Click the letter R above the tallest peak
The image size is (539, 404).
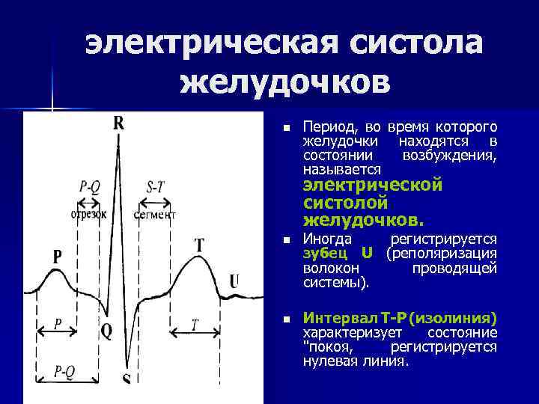point(118,124)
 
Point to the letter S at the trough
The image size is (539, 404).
point(127,378)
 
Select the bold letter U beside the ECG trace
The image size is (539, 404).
point(234,281)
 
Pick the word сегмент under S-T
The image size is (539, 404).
point(154,215)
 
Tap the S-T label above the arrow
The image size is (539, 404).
point(156,187)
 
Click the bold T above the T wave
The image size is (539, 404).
point(199,245)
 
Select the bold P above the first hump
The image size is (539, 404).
point(58,257)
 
